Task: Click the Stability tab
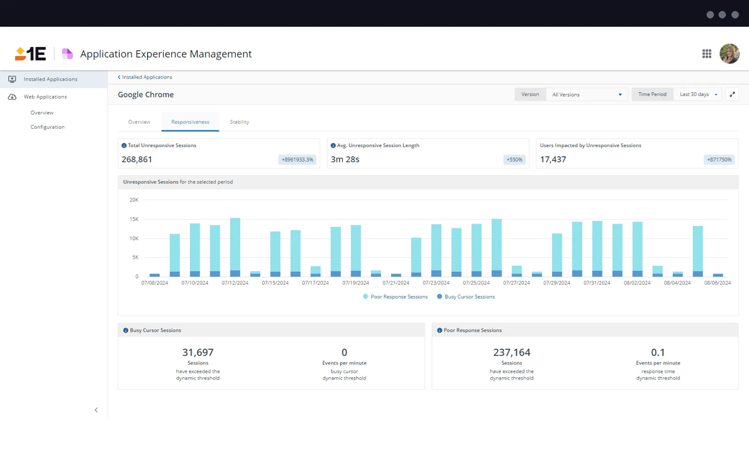(239, 122)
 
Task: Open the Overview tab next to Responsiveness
(139, 122)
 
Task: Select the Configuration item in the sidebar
(48, 127)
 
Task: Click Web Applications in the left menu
(45, 97)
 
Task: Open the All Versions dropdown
(587, 95)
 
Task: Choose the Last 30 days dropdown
(698, 95)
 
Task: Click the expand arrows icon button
(732, 95)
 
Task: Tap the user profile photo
(729, 54)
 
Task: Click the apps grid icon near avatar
(707, 54)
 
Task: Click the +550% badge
(514, 160)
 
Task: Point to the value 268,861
(137, 160)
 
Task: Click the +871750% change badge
(719, 160)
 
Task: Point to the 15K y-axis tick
(134, 220)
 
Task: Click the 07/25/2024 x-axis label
(476, 283)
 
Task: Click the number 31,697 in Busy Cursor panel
(198, 353)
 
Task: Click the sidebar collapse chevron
(96, 410)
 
